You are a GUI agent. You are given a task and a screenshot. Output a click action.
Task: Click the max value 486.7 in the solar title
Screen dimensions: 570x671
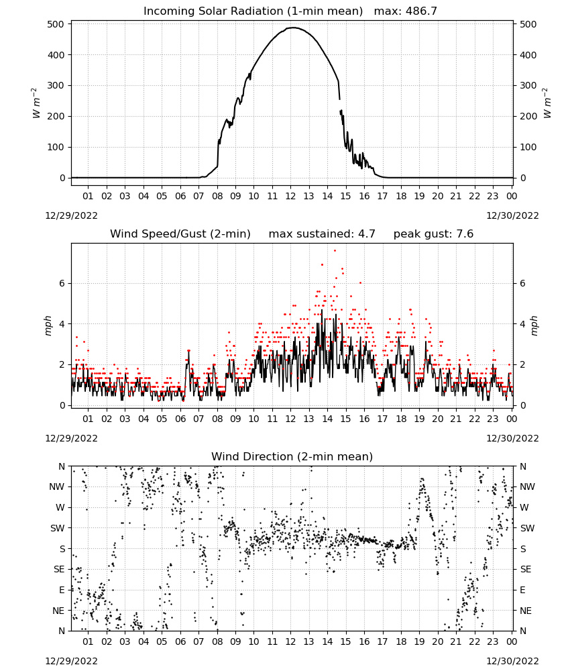tap(421, 11)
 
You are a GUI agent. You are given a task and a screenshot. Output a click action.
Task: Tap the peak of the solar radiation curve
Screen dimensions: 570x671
tap(292, 28)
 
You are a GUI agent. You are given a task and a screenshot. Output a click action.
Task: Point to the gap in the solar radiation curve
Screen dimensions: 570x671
tap(341, 105)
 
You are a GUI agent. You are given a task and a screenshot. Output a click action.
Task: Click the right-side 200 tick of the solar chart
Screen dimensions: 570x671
tap(528, 116)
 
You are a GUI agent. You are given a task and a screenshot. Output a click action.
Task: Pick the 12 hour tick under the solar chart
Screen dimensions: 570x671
tap(291, 196)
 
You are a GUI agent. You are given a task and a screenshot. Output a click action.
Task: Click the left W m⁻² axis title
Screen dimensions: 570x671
tap(36, 103)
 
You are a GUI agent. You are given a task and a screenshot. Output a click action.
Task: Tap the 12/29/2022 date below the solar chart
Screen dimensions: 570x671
tap(71, 215)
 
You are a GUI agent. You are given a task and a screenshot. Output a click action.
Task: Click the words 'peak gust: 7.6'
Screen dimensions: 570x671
tap(433, 234)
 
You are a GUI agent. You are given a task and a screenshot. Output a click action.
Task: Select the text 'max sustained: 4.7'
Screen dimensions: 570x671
tap(322, 234)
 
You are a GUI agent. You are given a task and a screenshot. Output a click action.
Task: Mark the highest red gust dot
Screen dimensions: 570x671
tap(335, 251)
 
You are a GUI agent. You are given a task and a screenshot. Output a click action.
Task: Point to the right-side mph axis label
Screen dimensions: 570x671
tap(534, 325)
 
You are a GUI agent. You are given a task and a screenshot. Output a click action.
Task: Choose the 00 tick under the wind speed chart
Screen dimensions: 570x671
tap(512, 419)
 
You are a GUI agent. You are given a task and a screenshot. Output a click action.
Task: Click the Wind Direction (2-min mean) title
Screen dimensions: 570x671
tap(292, 456)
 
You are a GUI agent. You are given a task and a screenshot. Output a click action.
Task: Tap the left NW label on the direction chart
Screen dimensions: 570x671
tap(56, 487)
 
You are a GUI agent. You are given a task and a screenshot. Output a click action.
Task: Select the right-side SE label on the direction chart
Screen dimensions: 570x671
tap(526, 569)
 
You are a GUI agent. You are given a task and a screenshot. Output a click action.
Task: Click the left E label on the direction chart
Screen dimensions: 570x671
tap(62, 590)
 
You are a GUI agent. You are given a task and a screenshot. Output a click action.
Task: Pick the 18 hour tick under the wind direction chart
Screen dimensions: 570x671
tap(401, 641)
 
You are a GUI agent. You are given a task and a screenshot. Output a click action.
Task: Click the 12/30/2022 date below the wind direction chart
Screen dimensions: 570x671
tap(512, 661)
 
